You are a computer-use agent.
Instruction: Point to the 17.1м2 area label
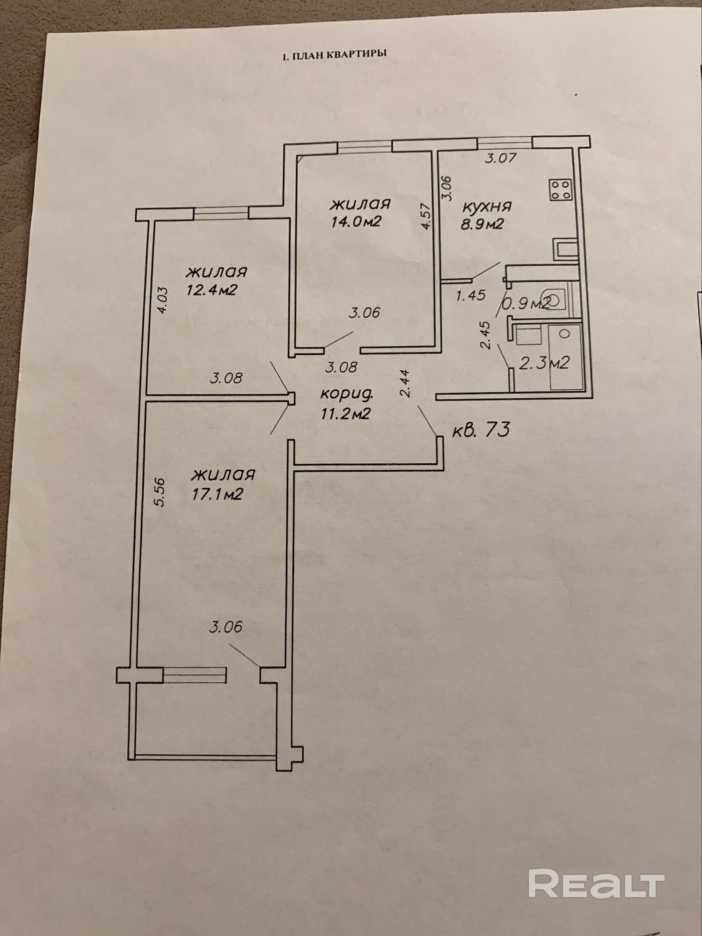[x=217, y=494]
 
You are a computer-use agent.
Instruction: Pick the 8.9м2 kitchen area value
[x=483, y=224]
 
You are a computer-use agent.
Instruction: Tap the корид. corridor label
[x=347, y=395]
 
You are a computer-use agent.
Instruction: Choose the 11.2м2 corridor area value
[x=346, y=413]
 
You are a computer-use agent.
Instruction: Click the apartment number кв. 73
[x=480, y=429]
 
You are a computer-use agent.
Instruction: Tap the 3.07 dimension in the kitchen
[x=501, y=158]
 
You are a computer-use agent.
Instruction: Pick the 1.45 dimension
[x=471, y=295]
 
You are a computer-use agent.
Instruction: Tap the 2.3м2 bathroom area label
[x=544, y=362]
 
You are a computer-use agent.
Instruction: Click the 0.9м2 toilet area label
[x=526, y=304]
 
